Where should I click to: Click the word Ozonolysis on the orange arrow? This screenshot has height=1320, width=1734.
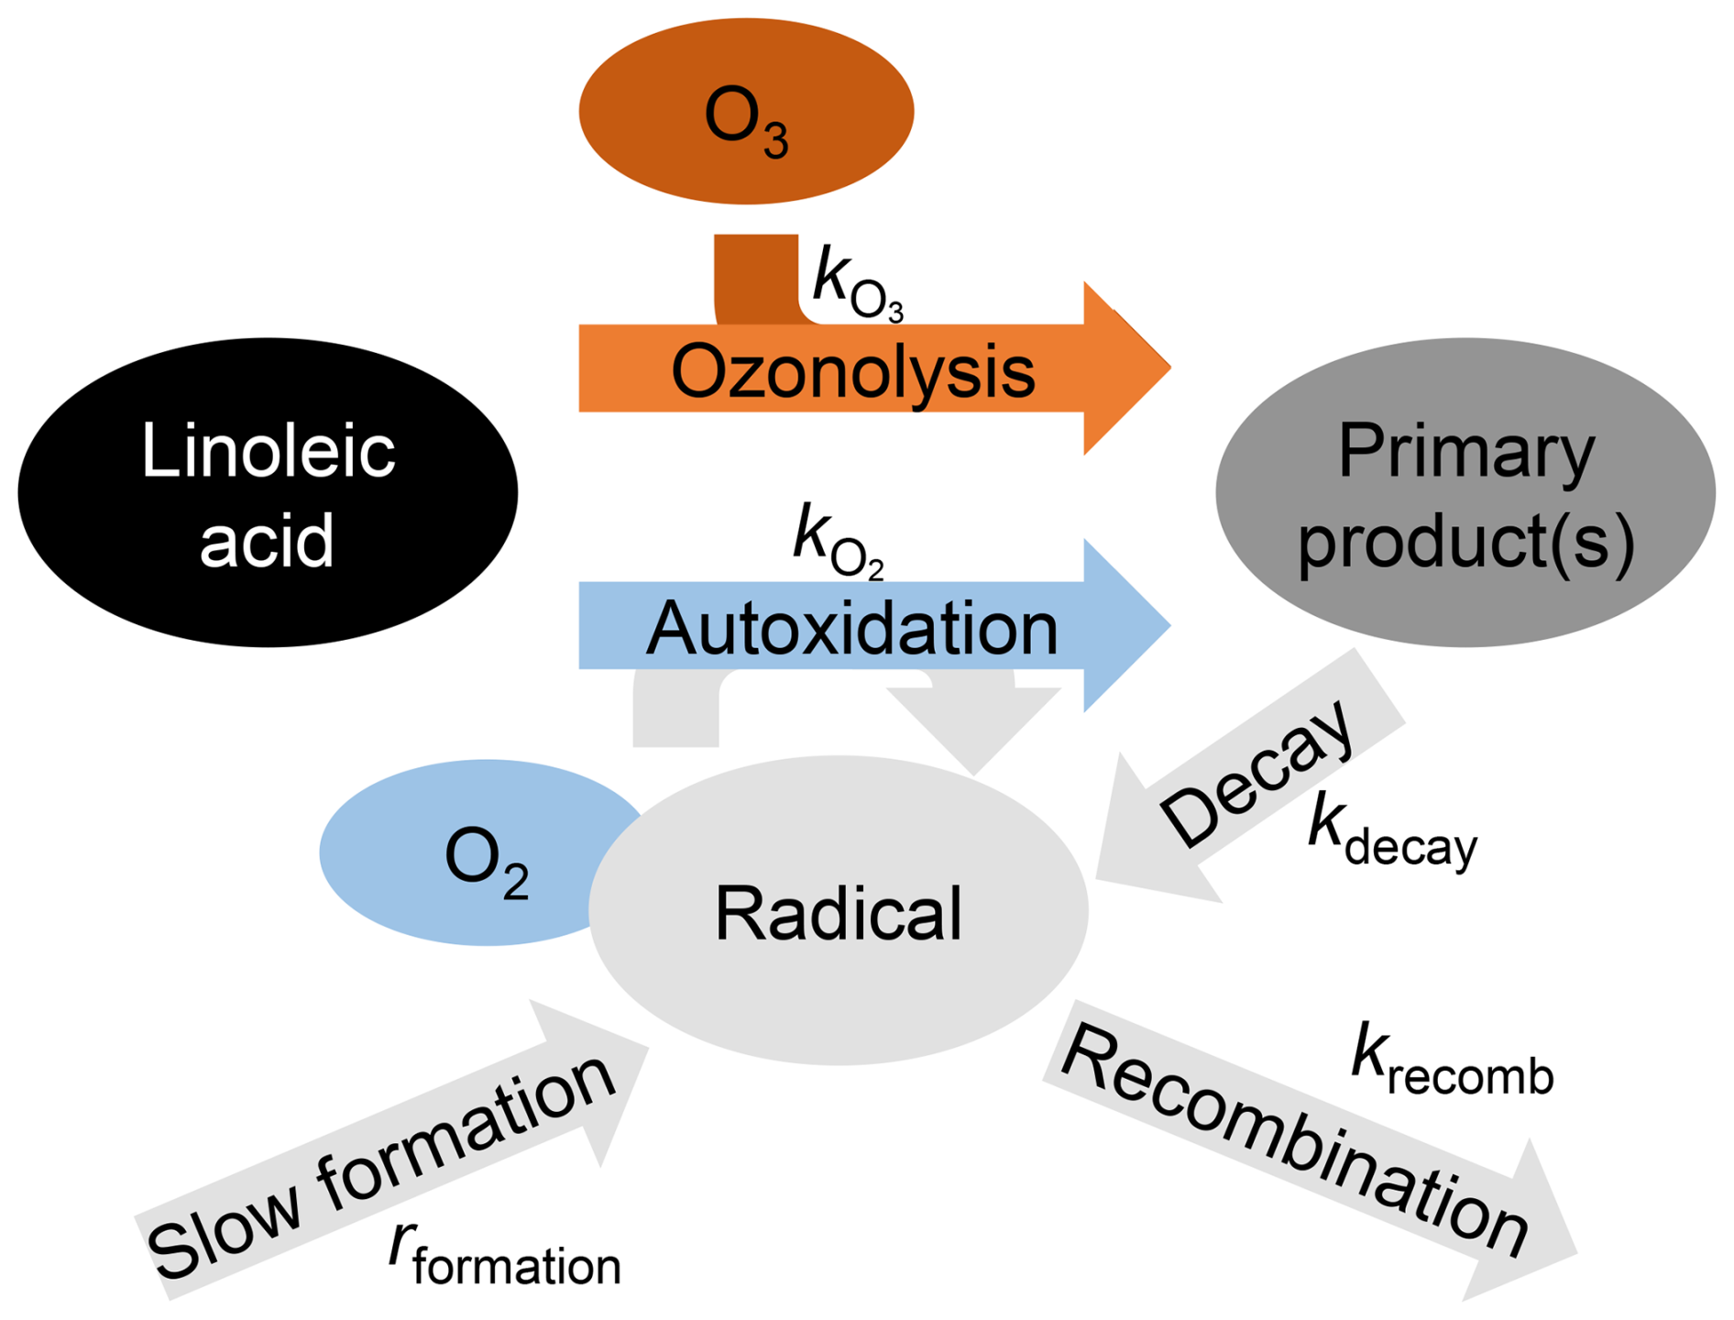tap(852, 371)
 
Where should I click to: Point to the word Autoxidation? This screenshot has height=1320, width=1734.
tap(852, 629)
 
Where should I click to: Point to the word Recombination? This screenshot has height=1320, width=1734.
tap(1292, 1141)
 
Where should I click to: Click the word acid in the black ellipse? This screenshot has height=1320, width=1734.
tap(267, 541)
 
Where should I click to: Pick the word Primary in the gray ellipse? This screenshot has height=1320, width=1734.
tap(1466, 451)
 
